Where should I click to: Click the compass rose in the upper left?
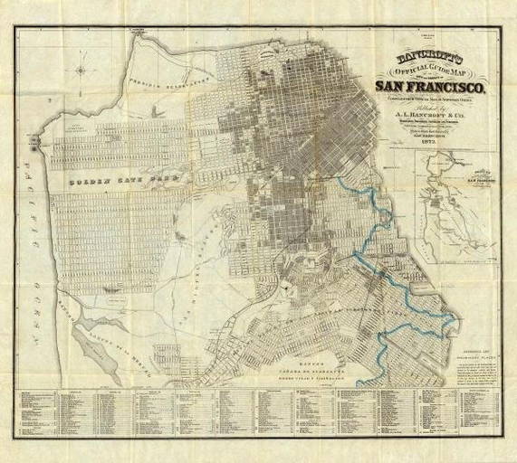pyautogui.click(x=81, y=70)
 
